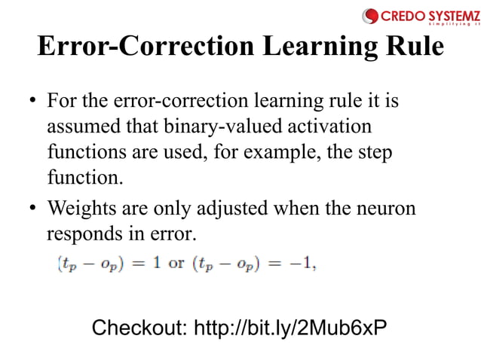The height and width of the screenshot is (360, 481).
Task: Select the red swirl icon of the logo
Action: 370,15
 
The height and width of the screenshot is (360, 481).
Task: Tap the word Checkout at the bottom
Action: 138,328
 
